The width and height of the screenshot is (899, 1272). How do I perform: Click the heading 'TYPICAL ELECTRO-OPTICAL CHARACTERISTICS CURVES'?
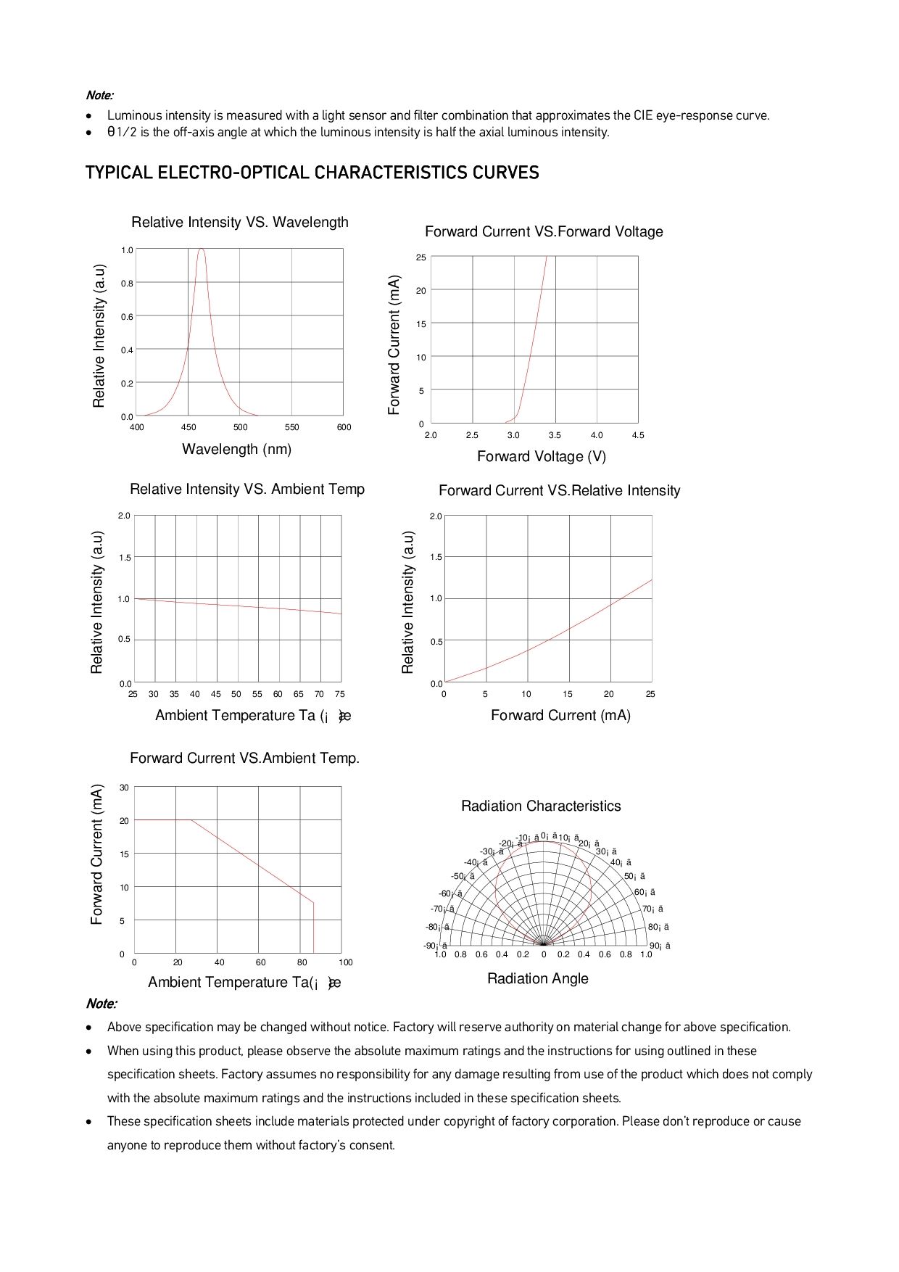pos(312,173)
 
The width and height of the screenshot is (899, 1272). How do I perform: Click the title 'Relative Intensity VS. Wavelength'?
pos(240,223)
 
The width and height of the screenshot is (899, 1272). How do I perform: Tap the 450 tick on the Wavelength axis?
pos(188,427)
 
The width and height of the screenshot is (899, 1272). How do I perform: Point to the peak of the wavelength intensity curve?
pos(201,249)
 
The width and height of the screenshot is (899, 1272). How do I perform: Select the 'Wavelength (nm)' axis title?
pos(236,450)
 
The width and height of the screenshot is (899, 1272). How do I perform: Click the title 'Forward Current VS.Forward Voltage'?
pos(544,232)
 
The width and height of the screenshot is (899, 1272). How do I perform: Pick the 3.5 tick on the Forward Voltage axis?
pos(555,435)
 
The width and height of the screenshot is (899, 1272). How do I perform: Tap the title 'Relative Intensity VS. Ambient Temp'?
pos(246,490)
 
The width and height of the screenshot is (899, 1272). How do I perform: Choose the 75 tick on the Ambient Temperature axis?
pos(340,694)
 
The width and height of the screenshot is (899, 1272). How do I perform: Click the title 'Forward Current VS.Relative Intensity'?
pos(559,491)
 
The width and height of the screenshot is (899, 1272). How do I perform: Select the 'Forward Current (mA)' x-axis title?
pos(560,716)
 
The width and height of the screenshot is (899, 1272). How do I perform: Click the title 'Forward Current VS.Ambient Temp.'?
pos(244,759)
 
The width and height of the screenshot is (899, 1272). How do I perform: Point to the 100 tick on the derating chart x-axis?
pos(346,962)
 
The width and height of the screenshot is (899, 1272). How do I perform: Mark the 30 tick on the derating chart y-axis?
pos(124,788)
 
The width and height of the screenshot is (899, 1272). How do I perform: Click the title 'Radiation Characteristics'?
pos(541,806)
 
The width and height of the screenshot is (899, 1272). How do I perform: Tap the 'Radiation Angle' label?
pos(537,979)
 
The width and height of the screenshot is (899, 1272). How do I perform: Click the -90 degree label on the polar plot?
pos(434,946)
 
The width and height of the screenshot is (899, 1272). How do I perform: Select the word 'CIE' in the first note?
pos(643,115)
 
